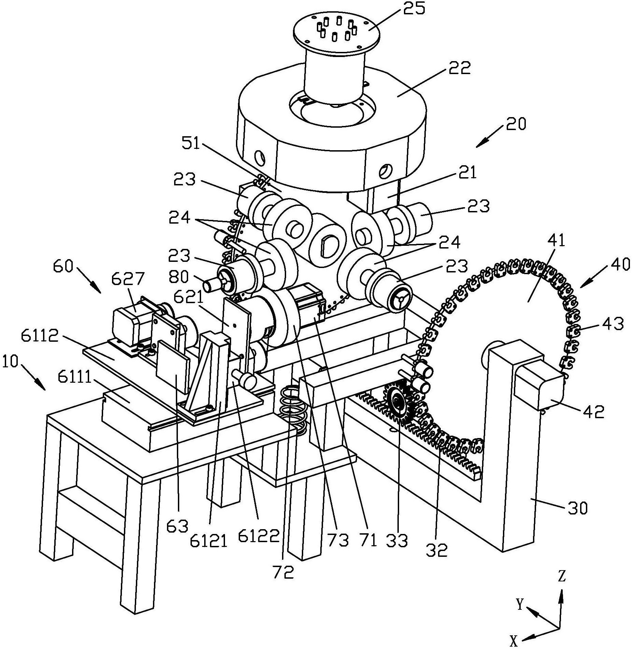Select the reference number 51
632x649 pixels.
(x=191, y=144)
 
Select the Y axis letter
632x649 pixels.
(x=520, y=605)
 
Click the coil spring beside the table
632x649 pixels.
(x=293, y=409)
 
